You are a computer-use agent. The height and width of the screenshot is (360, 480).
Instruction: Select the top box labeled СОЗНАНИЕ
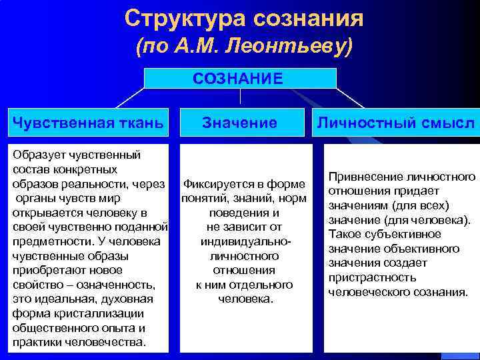tap(238, 79)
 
